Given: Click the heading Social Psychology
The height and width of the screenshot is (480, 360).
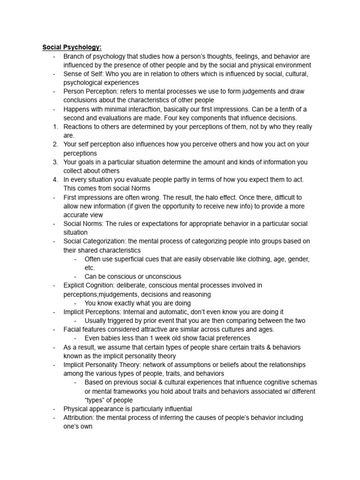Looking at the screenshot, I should coord(72,47).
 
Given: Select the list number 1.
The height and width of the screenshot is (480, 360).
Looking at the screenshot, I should coord(55,127).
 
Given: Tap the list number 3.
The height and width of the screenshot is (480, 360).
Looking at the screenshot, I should coord(55,162).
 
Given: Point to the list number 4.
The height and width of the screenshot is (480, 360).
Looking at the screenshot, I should coord(55,180).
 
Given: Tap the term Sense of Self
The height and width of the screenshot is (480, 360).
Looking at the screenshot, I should coord(81,74).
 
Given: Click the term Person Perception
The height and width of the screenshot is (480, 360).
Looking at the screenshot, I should coord(90,91).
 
